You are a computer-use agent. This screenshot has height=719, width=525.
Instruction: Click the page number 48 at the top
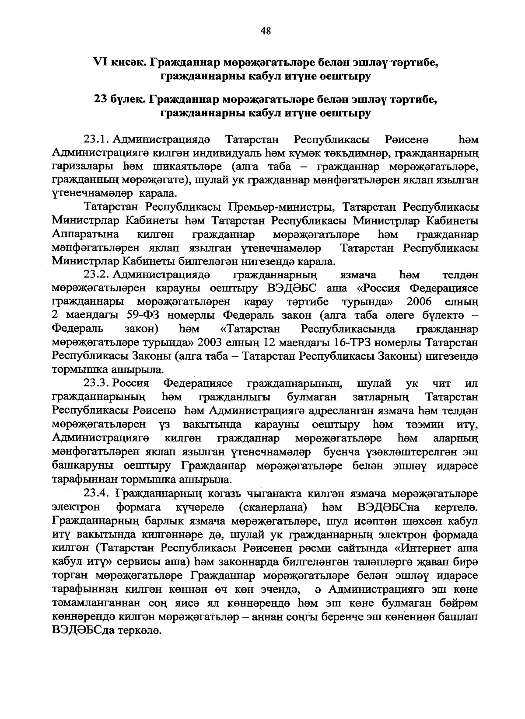coord(266,30)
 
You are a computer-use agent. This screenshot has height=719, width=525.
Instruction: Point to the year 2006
coord(419,302)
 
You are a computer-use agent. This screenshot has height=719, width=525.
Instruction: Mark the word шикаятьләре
coord(193,167)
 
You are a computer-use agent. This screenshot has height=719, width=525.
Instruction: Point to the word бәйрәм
coord(462,603)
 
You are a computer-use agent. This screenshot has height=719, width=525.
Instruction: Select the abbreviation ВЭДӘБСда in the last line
coord(83,631)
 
